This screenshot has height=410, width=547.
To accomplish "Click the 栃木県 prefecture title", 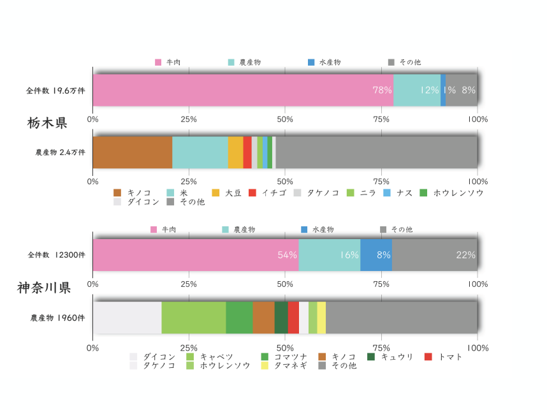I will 47,123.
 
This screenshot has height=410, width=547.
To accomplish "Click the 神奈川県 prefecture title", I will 43,288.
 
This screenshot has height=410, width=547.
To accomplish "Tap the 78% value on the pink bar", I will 382,91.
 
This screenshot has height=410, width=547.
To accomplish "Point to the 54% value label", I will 287,255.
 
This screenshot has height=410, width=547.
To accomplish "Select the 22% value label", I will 465,255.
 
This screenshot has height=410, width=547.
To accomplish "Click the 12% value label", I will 429,91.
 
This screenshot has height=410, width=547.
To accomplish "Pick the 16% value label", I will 349,255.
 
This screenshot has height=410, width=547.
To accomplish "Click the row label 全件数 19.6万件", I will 55,91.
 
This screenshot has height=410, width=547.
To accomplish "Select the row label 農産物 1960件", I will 58,318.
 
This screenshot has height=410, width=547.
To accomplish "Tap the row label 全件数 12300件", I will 56,255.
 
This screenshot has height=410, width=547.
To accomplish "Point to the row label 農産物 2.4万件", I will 60,153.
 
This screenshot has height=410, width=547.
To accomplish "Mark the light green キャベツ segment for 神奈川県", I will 193,318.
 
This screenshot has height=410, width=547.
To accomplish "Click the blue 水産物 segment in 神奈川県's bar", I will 376,255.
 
